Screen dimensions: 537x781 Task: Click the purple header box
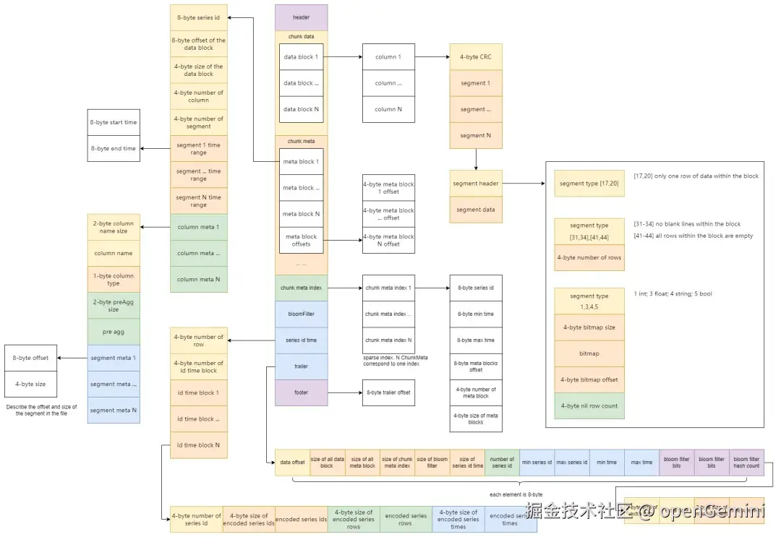tap(301, 17)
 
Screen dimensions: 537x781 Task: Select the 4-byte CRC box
tap(476, 56)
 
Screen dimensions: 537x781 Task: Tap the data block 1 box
tap(301, 56)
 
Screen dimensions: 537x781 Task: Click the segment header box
tap(476, 184)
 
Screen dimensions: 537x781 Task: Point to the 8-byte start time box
tap(114, 123)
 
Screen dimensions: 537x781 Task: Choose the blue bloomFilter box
tap(301, 314)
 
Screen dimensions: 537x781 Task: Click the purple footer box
tap(301, 392)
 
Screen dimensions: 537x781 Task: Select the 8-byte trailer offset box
tap(388, 392)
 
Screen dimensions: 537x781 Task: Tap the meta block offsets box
tap(301, 240)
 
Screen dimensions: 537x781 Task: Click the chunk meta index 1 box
tap(388, 288)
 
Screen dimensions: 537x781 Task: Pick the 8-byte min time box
tap(475, 314)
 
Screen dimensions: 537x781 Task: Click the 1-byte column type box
tap(114, 279)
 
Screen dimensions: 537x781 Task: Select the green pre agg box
tap(114, 332)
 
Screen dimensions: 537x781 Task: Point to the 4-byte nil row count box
tap(589, 405)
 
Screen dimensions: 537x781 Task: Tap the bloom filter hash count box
tap(746, 463)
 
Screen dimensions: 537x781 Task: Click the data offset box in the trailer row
tap(292, 463)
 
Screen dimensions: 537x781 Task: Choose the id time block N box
tap(199, 445)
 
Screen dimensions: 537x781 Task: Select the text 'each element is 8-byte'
tap(516, 494)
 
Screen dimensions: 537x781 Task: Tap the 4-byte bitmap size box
tap(589, 327)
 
